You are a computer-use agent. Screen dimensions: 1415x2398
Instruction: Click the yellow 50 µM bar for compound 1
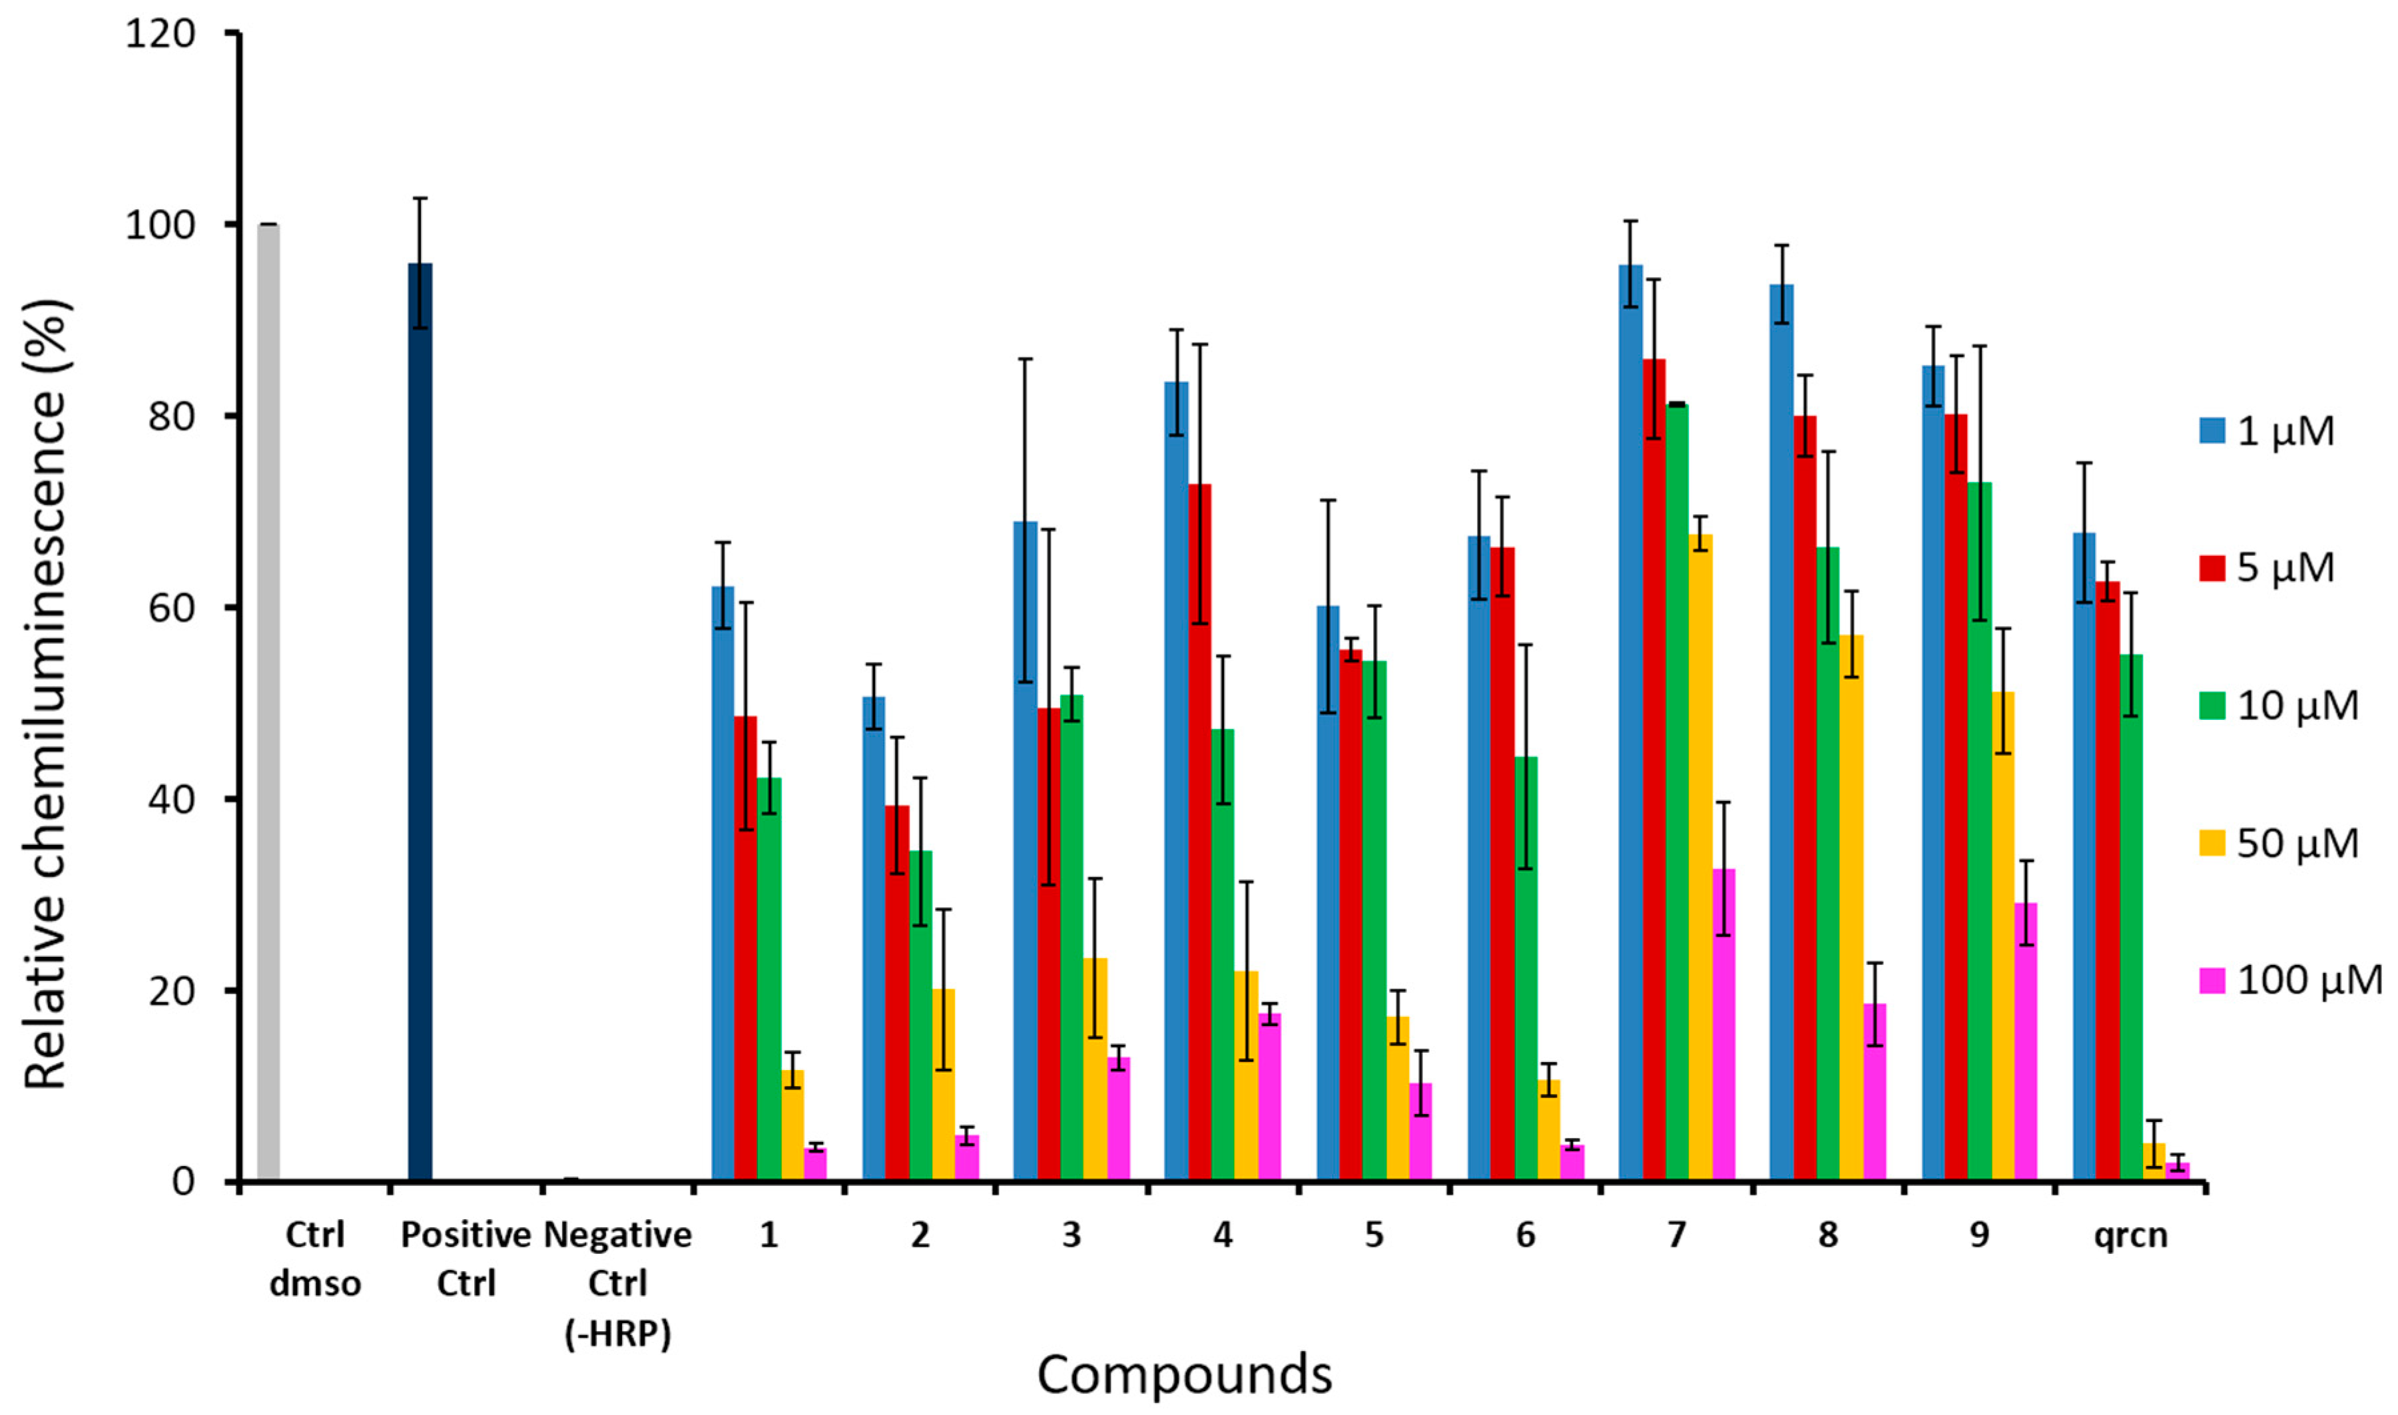point(792,1125)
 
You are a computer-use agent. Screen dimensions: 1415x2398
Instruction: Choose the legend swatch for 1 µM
point(2212,430)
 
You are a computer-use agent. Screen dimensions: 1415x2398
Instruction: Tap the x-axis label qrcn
point(2130,1235)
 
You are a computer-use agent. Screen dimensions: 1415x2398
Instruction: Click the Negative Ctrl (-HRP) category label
point(618,1282)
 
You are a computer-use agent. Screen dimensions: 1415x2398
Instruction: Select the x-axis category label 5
point(1374,1235)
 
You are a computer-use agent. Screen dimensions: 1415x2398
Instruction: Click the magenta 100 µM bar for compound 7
point(1724,1024)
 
